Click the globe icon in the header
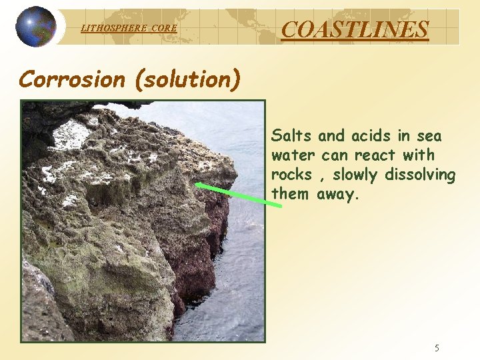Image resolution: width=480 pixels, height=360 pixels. coord(36,27)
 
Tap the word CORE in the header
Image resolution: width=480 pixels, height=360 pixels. coord(164,28)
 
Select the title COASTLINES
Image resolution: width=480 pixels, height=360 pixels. coord(355,29)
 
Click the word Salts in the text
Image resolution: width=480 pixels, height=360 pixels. coord(292,136)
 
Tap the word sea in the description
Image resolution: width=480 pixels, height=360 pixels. coord(428,136)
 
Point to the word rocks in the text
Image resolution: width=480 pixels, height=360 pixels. coord(291,175)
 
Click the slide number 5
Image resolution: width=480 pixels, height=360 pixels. coord(437,347)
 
